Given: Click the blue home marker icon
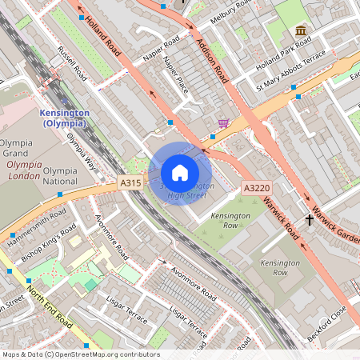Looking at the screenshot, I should [x=180, y=173].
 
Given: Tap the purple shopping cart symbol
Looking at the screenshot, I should [x=223, y=123].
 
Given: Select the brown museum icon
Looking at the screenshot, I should [x=301, y=31].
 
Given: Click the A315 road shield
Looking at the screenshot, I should [x=130, y=183].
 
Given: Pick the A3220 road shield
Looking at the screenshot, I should [x=255, y=188].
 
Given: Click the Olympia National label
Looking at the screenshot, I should [x=60, y=176].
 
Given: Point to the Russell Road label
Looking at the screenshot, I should [x=72, y=63].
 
